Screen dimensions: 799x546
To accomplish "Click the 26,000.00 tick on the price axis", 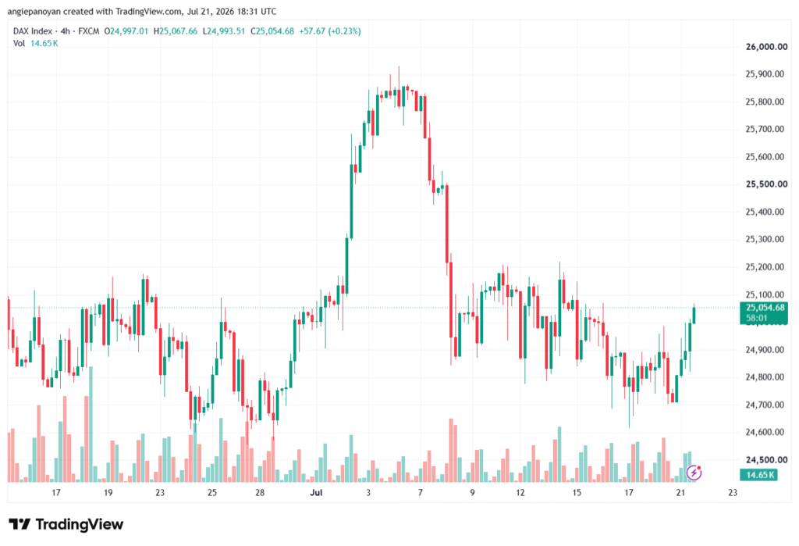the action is coord(766,47).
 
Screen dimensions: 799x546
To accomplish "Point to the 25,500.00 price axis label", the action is coord(766,184).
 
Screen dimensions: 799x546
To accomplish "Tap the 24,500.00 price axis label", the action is coord(766,460).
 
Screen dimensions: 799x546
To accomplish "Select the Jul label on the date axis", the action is coord(316,492).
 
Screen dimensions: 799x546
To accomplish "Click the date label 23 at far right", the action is coord(732,492).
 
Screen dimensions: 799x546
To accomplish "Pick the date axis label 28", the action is coord(260,492).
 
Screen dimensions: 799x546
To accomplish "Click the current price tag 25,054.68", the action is coord(765,308).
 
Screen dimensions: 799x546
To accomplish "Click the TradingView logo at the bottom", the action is coord(66,525).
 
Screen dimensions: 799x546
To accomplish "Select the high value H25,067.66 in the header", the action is coord(176,31).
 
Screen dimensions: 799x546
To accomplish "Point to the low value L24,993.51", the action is coord(224,31).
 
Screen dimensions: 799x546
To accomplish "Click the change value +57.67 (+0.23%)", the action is coord(330,31).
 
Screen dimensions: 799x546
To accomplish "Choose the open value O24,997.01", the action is coord(126,31).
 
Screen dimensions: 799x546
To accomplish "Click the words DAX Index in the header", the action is coord(33,31).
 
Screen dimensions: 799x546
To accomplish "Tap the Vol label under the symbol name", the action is coord(19,44).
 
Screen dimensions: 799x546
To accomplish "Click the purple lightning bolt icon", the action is coord(694,473).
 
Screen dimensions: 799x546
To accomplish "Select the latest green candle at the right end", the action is coord(694,315).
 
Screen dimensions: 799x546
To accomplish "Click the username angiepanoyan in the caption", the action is coord(34,11).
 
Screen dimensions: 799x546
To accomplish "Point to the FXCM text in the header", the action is coord(89,31).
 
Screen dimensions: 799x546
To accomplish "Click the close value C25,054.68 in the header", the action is coord(272,31).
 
